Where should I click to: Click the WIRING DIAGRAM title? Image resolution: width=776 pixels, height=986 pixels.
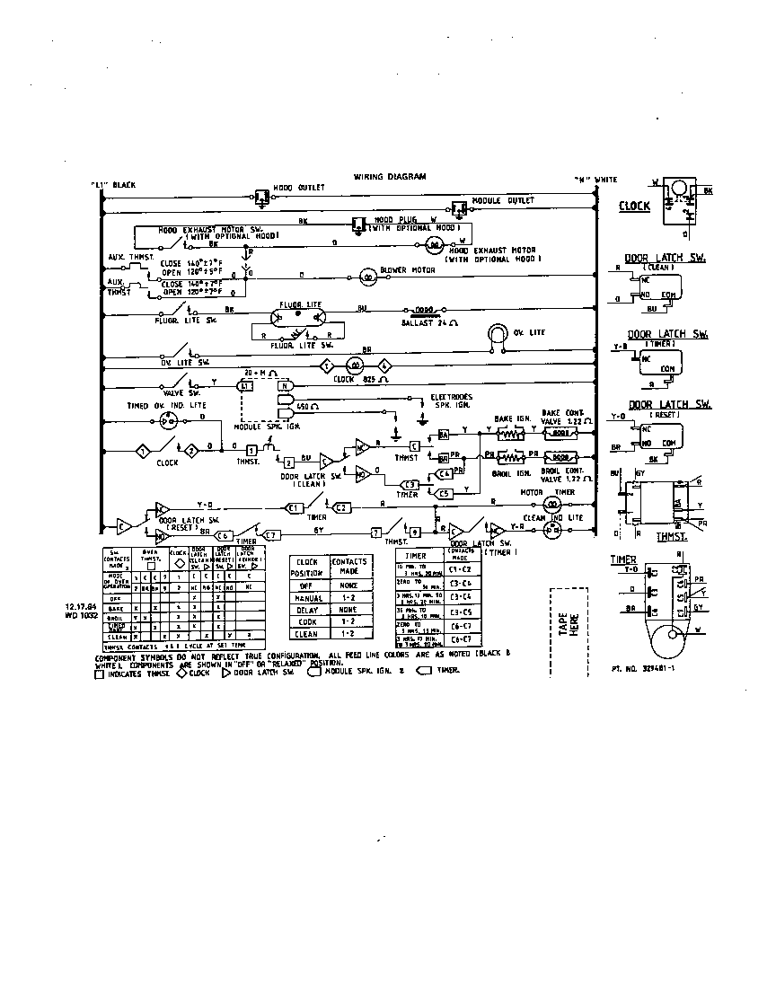pyautogui.click(x=389, y=177)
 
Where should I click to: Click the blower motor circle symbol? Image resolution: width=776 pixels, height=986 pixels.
pyautogui.click(x=366, y=275)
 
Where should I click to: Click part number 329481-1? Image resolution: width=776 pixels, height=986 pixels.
pyautogui.click(x=643, y=669)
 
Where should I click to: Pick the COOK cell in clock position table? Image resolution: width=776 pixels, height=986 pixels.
pyautogui.click(x=309, y=621)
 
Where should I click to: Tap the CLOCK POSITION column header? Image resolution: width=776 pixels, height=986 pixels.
pyautogui.click(x=308, y=566)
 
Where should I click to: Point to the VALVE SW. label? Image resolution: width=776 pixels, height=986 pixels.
pyautogui.click(x=181, y=393)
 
